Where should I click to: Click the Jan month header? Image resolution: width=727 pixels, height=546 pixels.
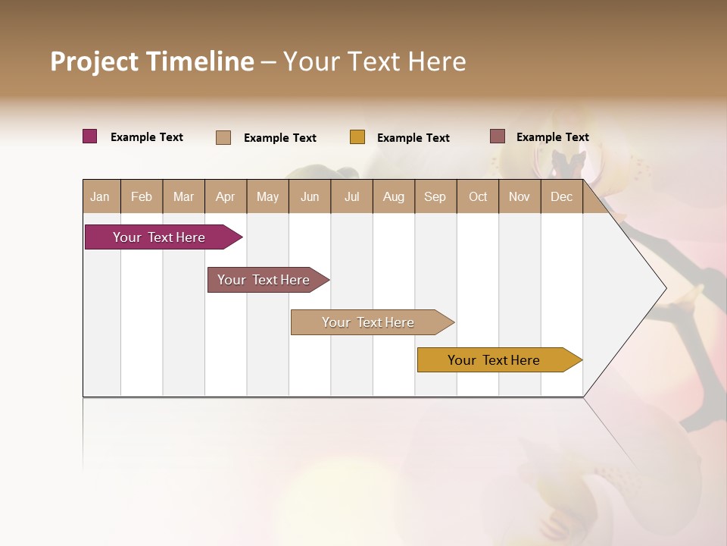101,196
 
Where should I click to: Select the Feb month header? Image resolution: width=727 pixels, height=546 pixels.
142,196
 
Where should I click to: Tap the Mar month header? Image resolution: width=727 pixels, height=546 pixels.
183,196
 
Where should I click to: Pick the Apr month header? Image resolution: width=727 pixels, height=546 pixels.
226,196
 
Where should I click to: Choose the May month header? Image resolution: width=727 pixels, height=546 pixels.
267,196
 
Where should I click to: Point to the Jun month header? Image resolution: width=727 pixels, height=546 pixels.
310,196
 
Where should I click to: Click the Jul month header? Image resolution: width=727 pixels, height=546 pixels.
351,196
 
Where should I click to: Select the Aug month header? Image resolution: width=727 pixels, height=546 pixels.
394,196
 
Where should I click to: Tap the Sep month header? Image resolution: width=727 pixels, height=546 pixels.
435,196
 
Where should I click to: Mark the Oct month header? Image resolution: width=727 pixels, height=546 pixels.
478,196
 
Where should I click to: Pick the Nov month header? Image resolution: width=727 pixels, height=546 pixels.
520,196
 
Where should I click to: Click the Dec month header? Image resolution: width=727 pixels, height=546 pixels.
562,196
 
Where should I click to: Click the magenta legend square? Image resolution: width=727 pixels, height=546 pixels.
90,136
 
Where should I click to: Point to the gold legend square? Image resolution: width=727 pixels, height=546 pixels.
357,137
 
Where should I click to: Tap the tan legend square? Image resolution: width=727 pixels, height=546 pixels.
223,137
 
